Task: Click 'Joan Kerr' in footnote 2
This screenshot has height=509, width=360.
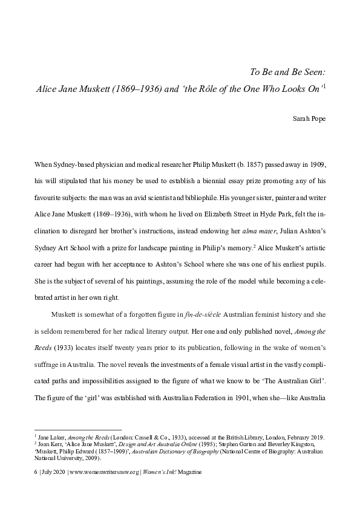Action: coord(49,443)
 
